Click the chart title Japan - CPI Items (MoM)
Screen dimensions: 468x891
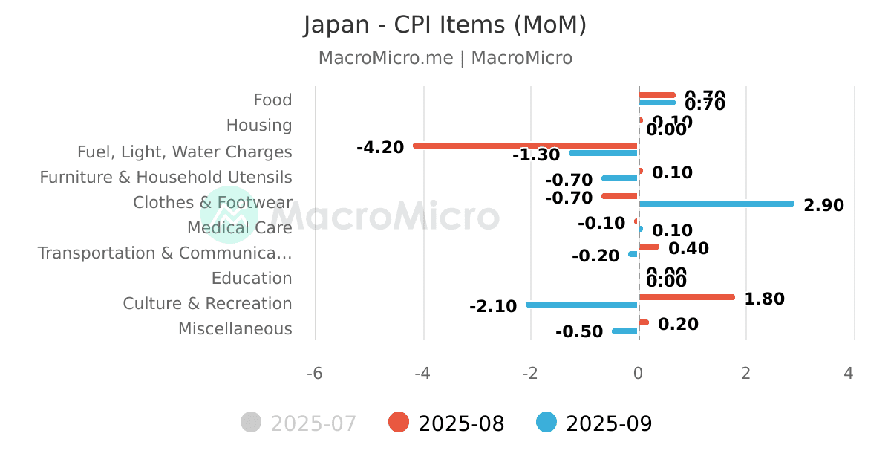445,25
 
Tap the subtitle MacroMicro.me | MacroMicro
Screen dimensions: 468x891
445,58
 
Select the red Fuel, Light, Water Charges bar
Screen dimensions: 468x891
525,146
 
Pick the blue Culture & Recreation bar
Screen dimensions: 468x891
582,305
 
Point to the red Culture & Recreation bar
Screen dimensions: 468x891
686,297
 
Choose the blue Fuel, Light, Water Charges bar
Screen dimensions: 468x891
603,153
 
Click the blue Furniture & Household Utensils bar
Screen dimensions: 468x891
619,178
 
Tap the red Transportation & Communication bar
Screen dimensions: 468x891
648,247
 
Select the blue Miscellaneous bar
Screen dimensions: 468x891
624,331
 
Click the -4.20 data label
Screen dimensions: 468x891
380,147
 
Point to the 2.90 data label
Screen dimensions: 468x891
823,205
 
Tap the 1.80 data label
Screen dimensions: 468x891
764,299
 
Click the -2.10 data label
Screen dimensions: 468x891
493,306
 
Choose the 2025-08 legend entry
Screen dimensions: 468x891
447,423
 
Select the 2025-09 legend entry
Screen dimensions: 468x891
595,423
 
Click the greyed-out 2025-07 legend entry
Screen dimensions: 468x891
299,423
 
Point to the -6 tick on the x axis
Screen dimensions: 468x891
315,373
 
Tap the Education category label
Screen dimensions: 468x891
252,278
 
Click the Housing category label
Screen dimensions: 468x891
259,125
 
